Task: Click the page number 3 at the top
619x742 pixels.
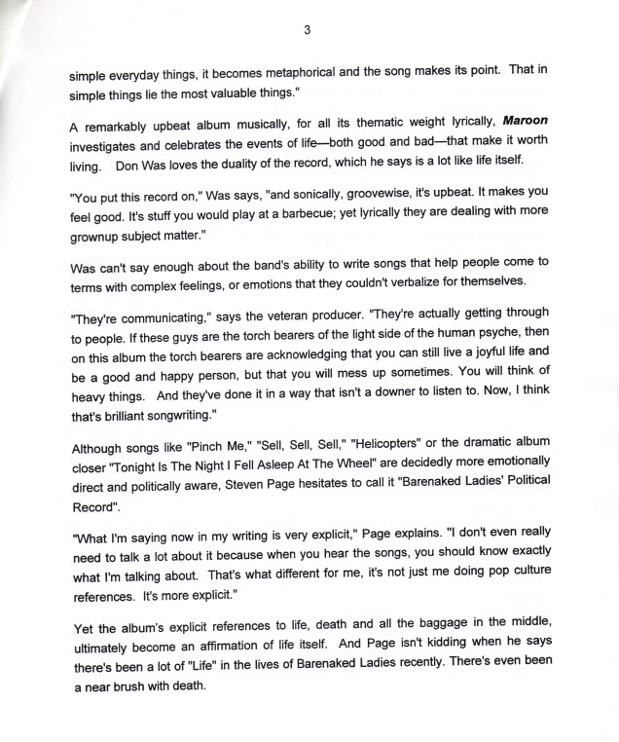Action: tap(307, 29)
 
